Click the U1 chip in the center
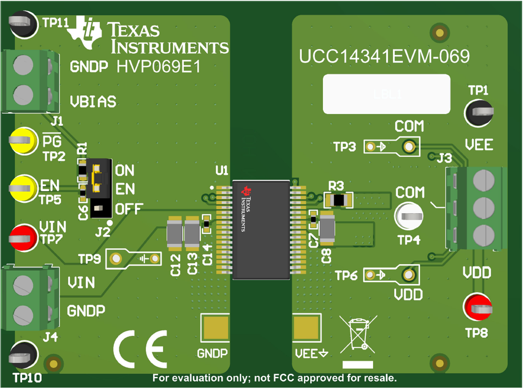coord(261,229)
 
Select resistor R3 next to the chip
coord(339,200)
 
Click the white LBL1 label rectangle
coord(386,94)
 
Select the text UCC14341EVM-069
coord(384,57)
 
